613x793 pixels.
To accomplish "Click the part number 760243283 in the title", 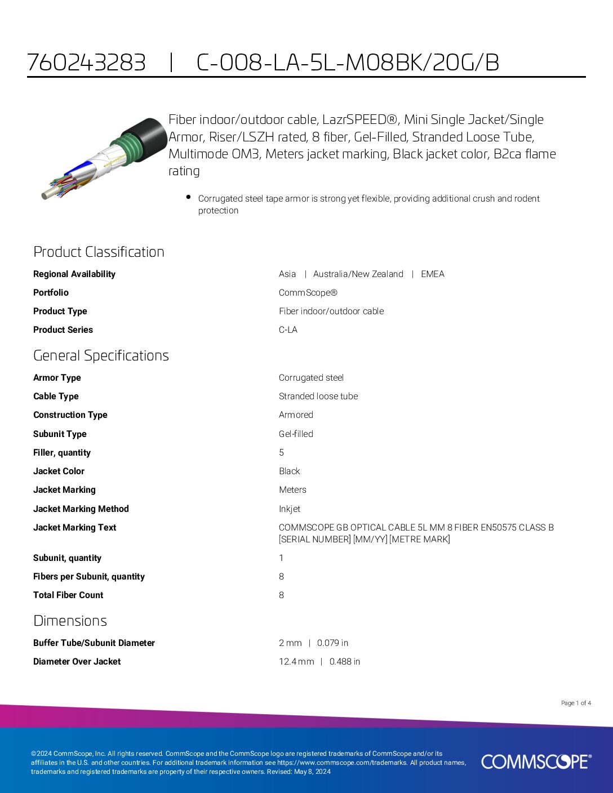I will [86, 63].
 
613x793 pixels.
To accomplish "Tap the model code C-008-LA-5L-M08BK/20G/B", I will [348, 63].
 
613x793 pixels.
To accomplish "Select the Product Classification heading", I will [99, 252].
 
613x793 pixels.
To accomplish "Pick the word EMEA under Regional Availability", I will [432, 274].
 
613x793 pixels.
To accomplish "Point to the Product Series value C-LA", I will [288, 329].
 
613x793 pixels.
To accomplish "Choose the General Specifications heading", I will [101, 355].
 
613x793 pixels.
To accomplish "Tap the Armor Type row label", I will [57, 377].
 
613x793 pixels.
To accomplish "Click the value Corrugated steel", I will [311, 377].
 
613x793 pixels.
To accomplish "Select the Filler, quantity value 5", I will [281, 452].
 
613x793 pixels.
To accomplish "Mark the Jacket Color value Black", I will [289, 471].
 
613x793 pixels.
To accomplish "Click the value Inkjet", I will [289, 509].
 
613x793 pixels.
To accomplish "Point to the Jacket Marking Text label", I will [74, 527].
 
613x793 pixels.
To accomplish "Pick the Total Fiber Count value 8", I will [281, 595].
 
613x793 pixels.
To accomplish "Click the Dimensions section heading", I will [70, 621].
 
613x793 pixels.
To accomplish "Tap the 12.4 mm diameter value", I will [296, 661].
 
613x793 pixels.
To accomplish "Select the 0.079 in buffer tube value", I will [332, 643].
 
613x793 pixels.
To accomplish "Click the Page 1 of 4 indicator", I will [576, 703].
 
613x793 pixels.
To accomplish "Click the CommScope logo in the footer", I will [536, 761].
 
